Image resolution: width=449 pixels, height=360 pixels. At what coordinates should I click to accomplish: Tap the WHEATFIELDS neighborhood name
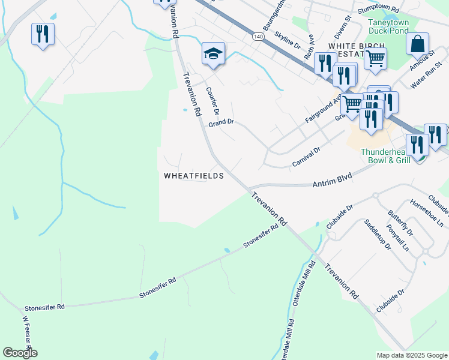pos(194,176)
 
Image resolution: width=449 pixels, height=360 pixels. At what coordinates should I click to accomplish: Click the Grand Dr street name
pos(220,122)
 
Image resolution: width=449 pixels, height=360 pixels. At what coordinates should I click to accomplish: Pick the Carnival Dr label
pos(306,157)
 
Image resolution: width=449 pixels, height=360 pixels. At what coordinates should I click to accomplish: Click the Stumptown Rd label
pos(378,10)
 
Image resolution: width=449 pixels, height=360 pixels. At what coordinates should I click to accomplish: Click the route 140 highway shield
pos(258,37)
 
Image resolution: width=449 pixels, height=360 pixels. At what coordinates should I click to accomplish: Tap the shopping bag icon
pos(417,45)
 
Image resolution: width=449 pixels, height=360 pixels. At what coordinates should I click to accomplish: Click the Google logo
pos(20,353)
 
